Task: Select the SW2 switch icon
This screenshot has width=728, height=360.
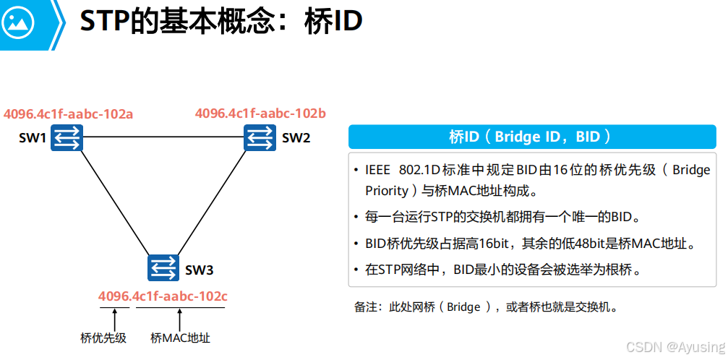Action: (x=260, y=137)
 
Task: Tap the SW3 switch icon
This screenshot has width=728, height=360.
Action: (x=163, y=268)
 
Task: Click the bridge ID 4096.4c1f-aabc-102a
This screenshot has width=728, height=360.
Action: (x=69, y=113)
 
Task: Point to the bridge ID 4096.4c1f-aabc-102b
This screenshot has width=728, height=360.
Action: (x=260, y=113)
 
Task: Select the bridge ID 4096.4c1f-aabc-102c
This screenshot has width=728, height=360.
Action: (x=163, y=296)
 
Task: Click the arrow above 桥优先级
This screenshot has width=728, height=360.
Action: (x=115, y=319)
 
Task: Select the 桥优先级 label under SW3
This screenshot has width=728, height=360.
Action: (x=103, y=338)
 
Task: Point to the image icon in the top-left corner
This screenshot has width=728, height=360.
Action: (x=20, y=24)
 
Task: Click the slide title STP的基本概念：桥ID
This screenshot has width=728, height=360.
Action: (x=220, y=22)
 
